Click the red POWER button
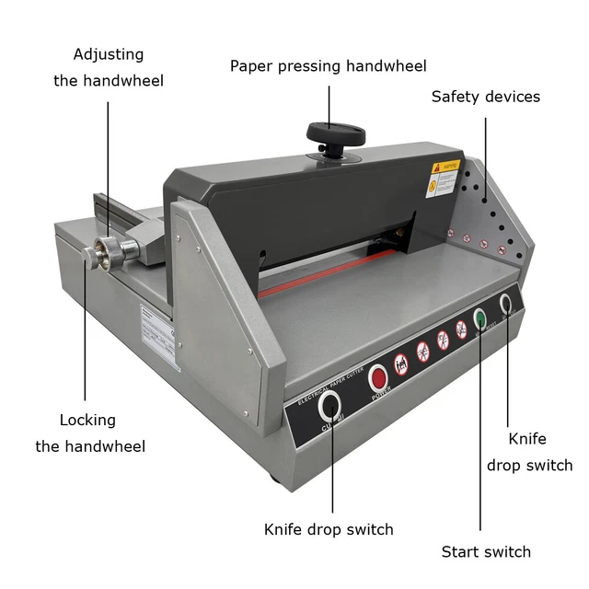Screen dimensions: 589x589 click(378, 377)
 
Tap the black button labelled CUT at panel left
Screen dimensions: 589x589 click(329, 406)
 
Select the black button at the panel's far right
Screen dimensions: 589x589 click(504, 303)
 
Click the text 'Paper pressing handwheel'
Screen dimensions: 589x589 click(328, 66)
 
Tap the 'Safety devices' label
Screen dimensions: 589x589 click(485, 97)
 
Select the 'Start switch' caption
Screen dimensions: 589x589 click(486, 552)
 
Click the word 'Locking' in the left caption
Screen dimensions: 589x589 click(87, 420)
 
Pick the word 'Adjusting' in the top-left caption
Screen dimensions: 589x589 click(109, 54)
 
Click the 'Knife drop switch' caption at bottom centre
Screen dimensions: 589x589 click(329, 529)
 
